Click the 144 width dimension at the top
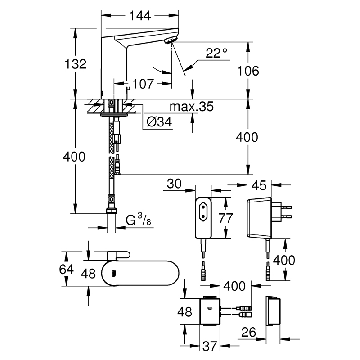[140, 16]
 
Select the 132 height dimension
[76, 64]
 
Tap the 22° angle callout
[216, 53]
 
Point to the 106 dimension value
[248, 71]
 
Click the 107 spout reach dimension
[143, 84]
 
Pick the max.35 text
[192, 107]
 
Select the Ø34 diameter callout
[159, 121]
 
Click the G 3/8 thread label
[138, 219]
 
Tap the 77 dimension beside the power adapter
[226, 218]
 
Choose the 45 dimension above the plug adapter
[259, 185]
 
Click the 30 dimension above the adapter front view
[174, 184]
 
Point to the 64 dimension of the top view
[66, 269]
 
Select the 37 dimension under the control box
[210, 346]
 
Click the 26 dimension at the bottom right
[249, 332]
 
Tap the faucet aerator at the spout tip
[171, 40]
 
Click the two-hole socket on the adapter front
[203, 209]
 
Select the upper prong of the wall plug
[287, 207]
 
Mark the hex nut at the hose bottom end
[112, 211]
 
